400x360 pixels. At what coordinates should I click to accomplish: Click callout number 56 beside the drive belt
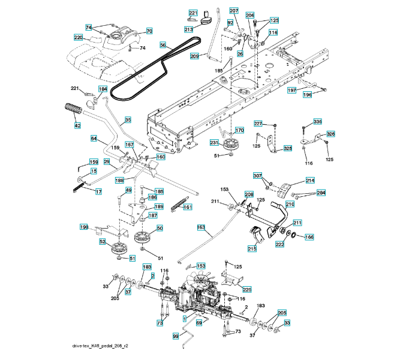pos(163,45)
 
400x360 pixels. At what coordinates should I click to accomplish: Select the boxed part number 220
pos(78,38)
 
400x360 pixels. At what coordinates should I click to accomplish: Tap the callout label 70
pos(149,31)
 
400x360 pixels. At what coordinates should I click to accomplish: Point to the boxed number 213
pos(188,29)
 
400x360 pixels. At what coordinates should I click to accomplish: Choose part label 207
pos(234,11)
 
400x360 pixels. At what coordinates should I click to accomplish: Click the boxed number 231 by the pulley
pos(213,143)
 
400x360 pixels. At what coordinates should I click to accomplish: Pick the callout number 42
pos(77,125)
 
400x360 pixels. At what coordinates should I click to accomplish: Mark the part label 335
pos(318,122)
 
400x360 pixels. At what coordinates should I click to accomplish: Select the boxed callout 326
pos(331,134)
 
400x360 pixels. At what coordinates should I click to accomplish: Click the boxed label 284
pos(321,193)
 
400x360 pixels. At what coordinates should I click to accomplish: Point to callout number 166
pos(309,237)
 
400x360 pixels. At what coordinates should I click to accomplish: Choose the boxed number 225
pos(247,289)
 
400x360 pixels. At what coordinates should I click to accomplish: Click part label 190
pos(84,227)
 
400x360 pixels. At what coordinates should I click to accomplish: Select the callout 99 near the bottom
pos(176,337)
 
